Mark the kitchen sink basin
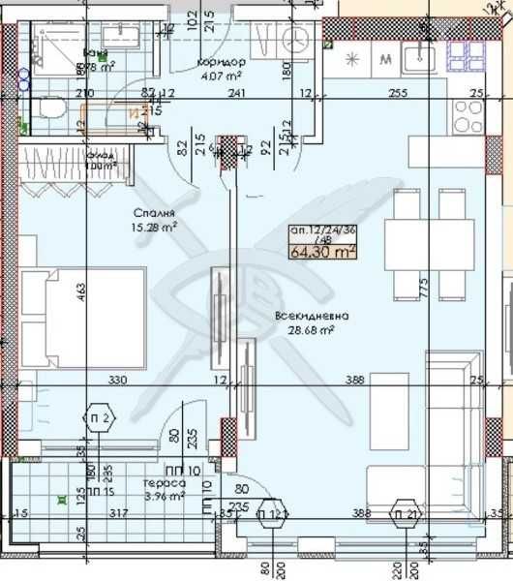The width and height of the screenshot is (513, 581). [x=422, y=58]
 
